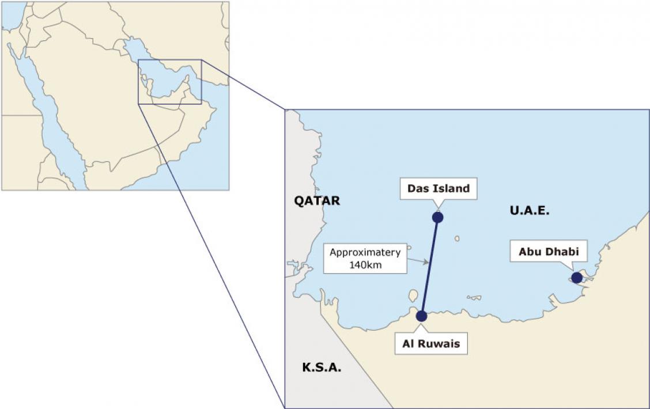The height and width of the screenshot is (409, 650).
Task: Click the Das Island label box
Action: coord(439,188)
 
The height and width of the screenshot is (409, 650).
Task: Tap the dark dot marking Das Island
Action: coord(438,217)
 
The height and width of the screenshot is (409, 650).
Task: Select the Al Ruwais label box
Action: coord(430,344)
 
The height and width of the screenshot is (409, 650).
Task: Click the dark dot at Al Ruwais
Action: coord(421,316)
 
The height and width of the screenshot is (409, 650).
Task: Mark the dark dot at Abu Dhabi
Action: coord(577,278)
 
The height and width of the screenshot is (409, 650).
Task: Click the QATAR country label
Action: coord(317,200)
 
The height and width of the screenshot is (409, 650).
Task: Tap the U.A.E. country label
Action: coord(530,210)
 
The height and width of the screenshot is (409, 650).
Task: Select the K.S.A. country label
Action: coord(322,367)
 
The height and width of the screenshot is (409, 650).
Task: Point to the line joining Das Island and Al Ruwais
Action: coord(430,266)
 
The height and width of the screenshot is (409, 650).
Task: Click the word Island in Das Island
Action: coord(452,188)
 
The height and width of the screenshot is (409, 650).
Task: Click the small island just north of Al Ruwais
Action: coord(413,296)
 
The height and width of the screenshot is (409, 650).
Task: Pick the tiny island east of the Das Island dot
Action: coord(456,238)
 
